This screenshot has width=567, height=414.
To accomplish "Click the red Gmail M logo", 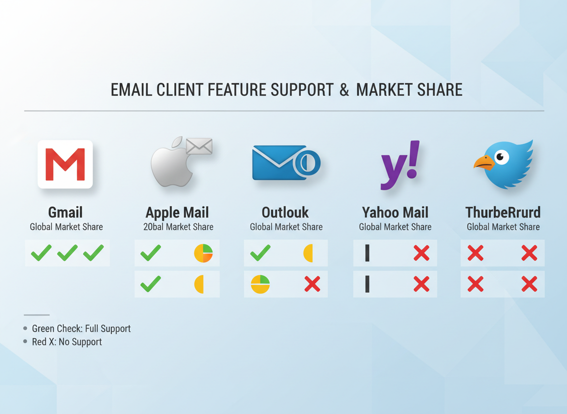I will pos(65,164).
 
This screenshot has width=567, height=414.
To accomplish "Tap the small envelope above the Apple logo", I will pos(199,146).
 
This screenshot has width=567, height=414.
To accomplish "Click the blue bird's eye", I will pos(501,157).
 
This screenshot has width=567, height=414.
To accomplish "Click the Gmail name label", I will pos(66,212).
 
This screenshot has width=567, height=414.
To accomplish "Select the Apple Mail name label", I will pos(177,212).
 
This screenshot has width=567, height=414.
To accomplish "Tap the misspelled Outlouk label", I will pos(285,212).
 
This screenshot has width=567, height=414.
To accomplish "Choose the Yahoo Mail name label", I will pos(395,212).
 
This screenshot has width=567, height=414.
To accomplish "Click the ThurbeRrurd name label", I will pos(503,212).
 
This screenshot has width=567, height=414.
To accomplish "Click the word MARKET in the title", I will pos(383,90).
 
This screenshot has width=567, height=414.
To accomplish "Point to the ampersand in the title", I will pos(344,90).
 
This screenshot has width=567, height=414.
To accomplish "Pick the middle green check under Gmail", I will pos(68,253).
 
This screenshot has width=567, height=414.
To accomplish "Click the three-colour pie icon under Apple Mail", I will pos(203,253).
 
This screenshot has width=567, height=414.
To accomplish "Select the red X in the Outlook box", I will pos(312,284).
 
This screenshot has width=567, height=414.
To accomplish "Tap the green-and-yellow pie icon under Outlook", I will pos(260,284).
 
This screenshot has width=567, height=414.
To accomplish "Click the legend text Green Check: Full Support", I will pos(81,329).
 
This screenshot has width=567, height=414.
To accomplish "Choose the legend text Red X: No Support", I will pos(67,342).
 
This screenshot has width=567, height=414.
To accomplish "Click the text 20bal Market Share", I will pos(178,227).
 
